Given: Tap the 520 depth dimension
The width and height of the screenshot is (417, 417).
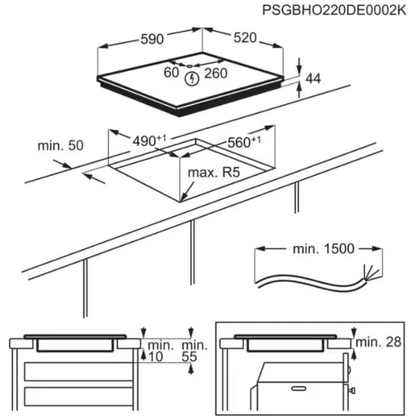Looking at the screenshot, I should pyautogui.click(x=245, y=39).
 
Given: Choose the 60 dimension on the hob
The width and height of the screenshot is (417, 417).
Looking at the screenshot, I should pyautogui.click(x=171, y=72).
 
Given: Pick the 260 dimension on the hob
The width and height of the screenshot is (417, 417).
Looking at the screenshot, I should pyautogui.click(x=216, y=73).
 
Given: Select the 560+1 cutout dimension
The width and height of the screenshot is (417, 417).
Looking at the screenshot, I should pyautogui.click(x=244, y=142).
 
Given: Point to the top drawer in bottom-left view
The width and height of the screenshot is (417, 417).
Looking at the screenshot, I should pyautogui.click(x=76, y=372).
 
